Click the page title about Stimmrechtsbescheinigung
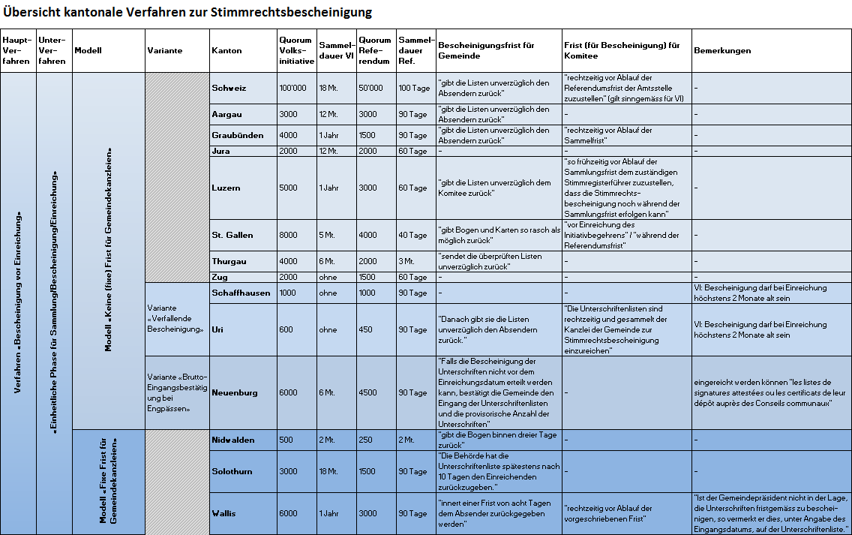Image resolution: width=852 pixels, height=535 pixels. [187, 13]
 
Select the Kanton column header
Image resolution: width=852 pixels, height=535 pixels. [226, 51]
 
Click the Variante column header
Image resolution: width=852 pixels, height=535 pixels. [164, 51]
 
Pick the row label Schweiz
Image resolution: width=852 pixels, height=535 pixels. [229, 88]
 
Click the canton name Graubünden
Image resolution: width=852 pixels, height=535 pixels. [238, 136]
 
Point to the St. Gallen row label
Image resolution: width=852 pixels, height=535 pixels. [232, 235]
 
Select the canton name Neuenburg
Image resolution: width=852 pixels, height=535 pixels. [235, 392]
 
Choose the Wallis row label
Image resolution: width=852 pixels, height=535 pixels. [223, 513]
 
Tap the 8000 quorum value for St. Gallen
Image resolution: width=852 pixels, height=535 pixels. [288, 235]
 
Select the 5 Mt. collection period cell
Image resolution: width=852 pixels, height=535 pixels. [328, 235]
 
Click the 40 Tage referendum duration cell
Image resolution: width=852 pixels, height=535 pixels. [413, 235]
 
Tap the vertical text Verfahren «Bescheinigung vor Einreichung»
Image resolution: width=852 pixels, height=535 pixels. [17, 303]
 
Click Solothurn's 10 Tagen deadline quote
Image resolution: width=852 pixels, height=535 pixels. [498, 471]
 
